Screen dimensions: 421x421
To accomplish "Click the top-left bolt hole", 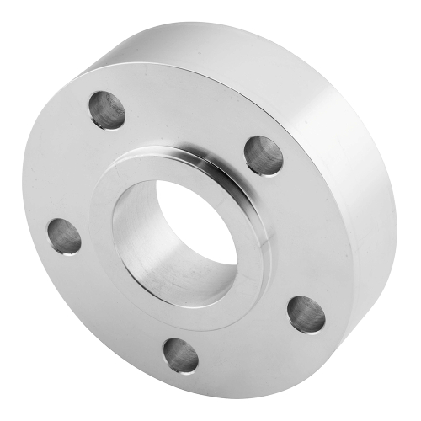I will (108, 110).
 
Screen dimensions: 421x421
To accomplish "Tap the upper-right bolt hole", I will (264, 154).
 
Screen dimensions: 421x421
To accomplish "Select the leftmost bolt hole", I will (65, 236).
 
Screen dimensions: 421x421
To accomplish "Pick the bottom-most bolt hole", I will (180, 354).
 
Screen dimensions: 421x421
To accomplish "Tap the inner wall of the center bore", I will (143, 236).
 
